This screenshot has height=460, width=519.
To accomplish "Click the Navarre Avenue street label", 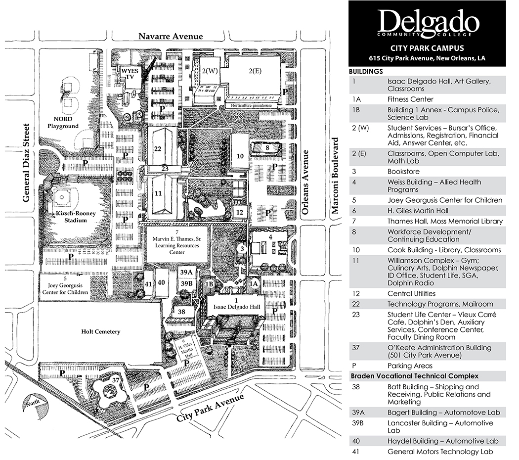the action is tap(171, 36).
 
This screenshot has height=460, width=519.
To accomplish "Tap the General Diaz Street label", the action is tap(26, 163).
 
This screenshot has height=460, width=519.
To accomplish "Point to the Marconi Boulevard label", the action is tap(335, 176).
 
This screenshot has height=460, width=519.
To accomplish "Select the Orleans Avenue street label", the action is tap(305, 182).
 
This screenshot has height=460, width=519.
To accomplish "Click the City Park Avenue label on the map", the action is tap(210, 408).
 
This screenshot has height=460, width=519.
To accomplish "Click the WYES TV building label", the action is tap(130, 74).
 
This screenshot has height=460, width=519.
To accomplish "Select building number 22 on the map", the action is tap(158, 149).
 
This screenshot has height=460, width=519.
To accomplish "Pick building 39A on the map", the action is tap(186, 272).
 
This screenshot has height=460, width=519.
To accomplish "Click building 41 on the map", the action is tap(148, 284).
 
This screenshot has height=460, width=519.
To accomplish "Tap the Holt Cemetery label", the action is tap(101, 331).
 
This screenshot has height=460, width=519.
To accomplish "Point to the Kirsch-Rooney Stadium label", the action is tap(76, 217).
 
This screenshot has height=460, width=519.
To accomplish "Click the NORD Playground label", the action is tap(63, 123).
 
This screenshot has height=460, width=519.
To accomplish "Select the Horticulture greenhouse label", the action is tap(251, 105).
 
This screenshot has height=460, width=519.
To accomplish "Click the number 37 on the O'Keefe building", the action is tap(115, 380).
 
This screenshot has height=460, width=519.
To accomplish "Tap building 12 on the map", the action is tap(240, 212).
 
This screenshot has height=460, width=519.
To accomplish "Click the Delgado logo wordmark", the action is tap(429, 22).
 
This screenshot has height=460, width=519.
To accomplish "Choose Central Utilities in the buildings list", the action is tap(411, 293).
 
